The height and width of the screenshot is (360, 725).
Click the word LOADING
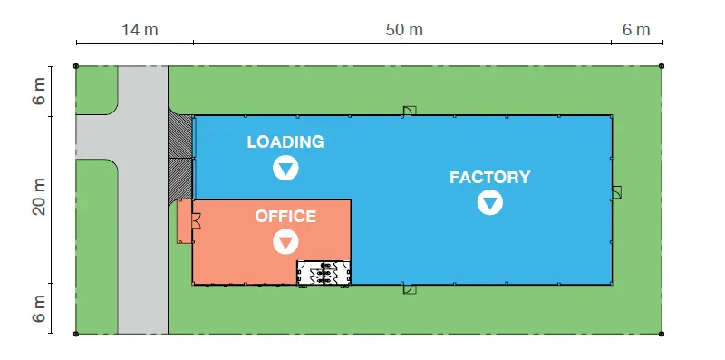285,142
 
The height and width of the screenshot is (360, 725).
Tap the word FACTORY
490,177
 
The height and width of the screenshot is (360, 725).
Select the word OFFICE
285,216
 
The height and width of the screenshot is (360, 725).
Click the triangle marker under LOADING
285,168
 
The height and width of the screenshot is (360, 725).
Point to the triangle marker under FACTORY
490,203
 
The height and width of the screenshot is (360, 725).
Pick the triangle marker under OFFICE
285,241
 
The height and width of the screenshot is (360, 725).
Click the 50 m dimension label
404,30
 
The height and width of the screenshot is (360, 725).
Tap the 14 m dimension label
140,30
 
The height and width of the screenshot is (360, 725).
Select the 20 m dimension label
39,197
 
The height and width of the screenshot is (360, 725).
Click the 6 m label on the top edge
636,30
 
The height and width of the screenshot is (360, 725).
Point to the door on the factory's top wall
409,111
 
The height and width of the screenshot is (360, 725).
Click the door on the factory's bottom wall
409,289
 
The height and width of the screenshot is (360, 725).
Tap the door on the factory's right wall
616,192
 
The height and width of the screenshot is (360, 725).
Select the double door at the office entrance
197,220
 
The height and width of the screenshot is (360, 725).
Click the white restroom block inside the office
324,273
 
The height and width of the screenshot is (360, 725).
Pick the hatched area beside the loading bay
179,158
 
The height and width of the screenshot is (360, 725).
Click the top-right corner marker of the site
662,66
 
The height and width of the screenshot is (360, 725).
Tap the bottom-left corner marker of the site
76,334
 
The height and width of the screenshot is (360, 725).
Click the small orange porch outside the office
185,221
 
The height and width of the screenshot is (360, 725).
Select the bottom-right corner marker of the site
662,334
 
